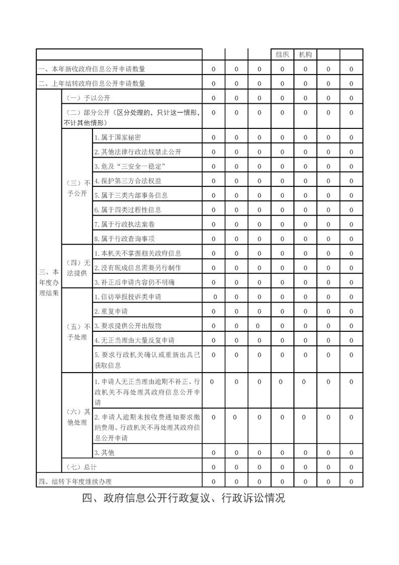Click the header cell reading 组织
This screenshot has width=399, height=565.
click(282, 54)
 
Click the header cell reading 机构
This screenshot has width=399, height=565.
click(305, 54)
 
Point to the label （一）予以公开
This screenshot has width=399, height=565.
click(81, 98)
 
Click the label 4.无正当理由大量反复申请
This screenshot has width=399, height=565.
click(134, 340)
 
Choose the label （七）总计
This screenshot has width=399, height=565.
click(78, 467)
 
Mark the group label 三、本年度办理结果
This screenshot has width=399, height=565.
click(49, 282)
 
